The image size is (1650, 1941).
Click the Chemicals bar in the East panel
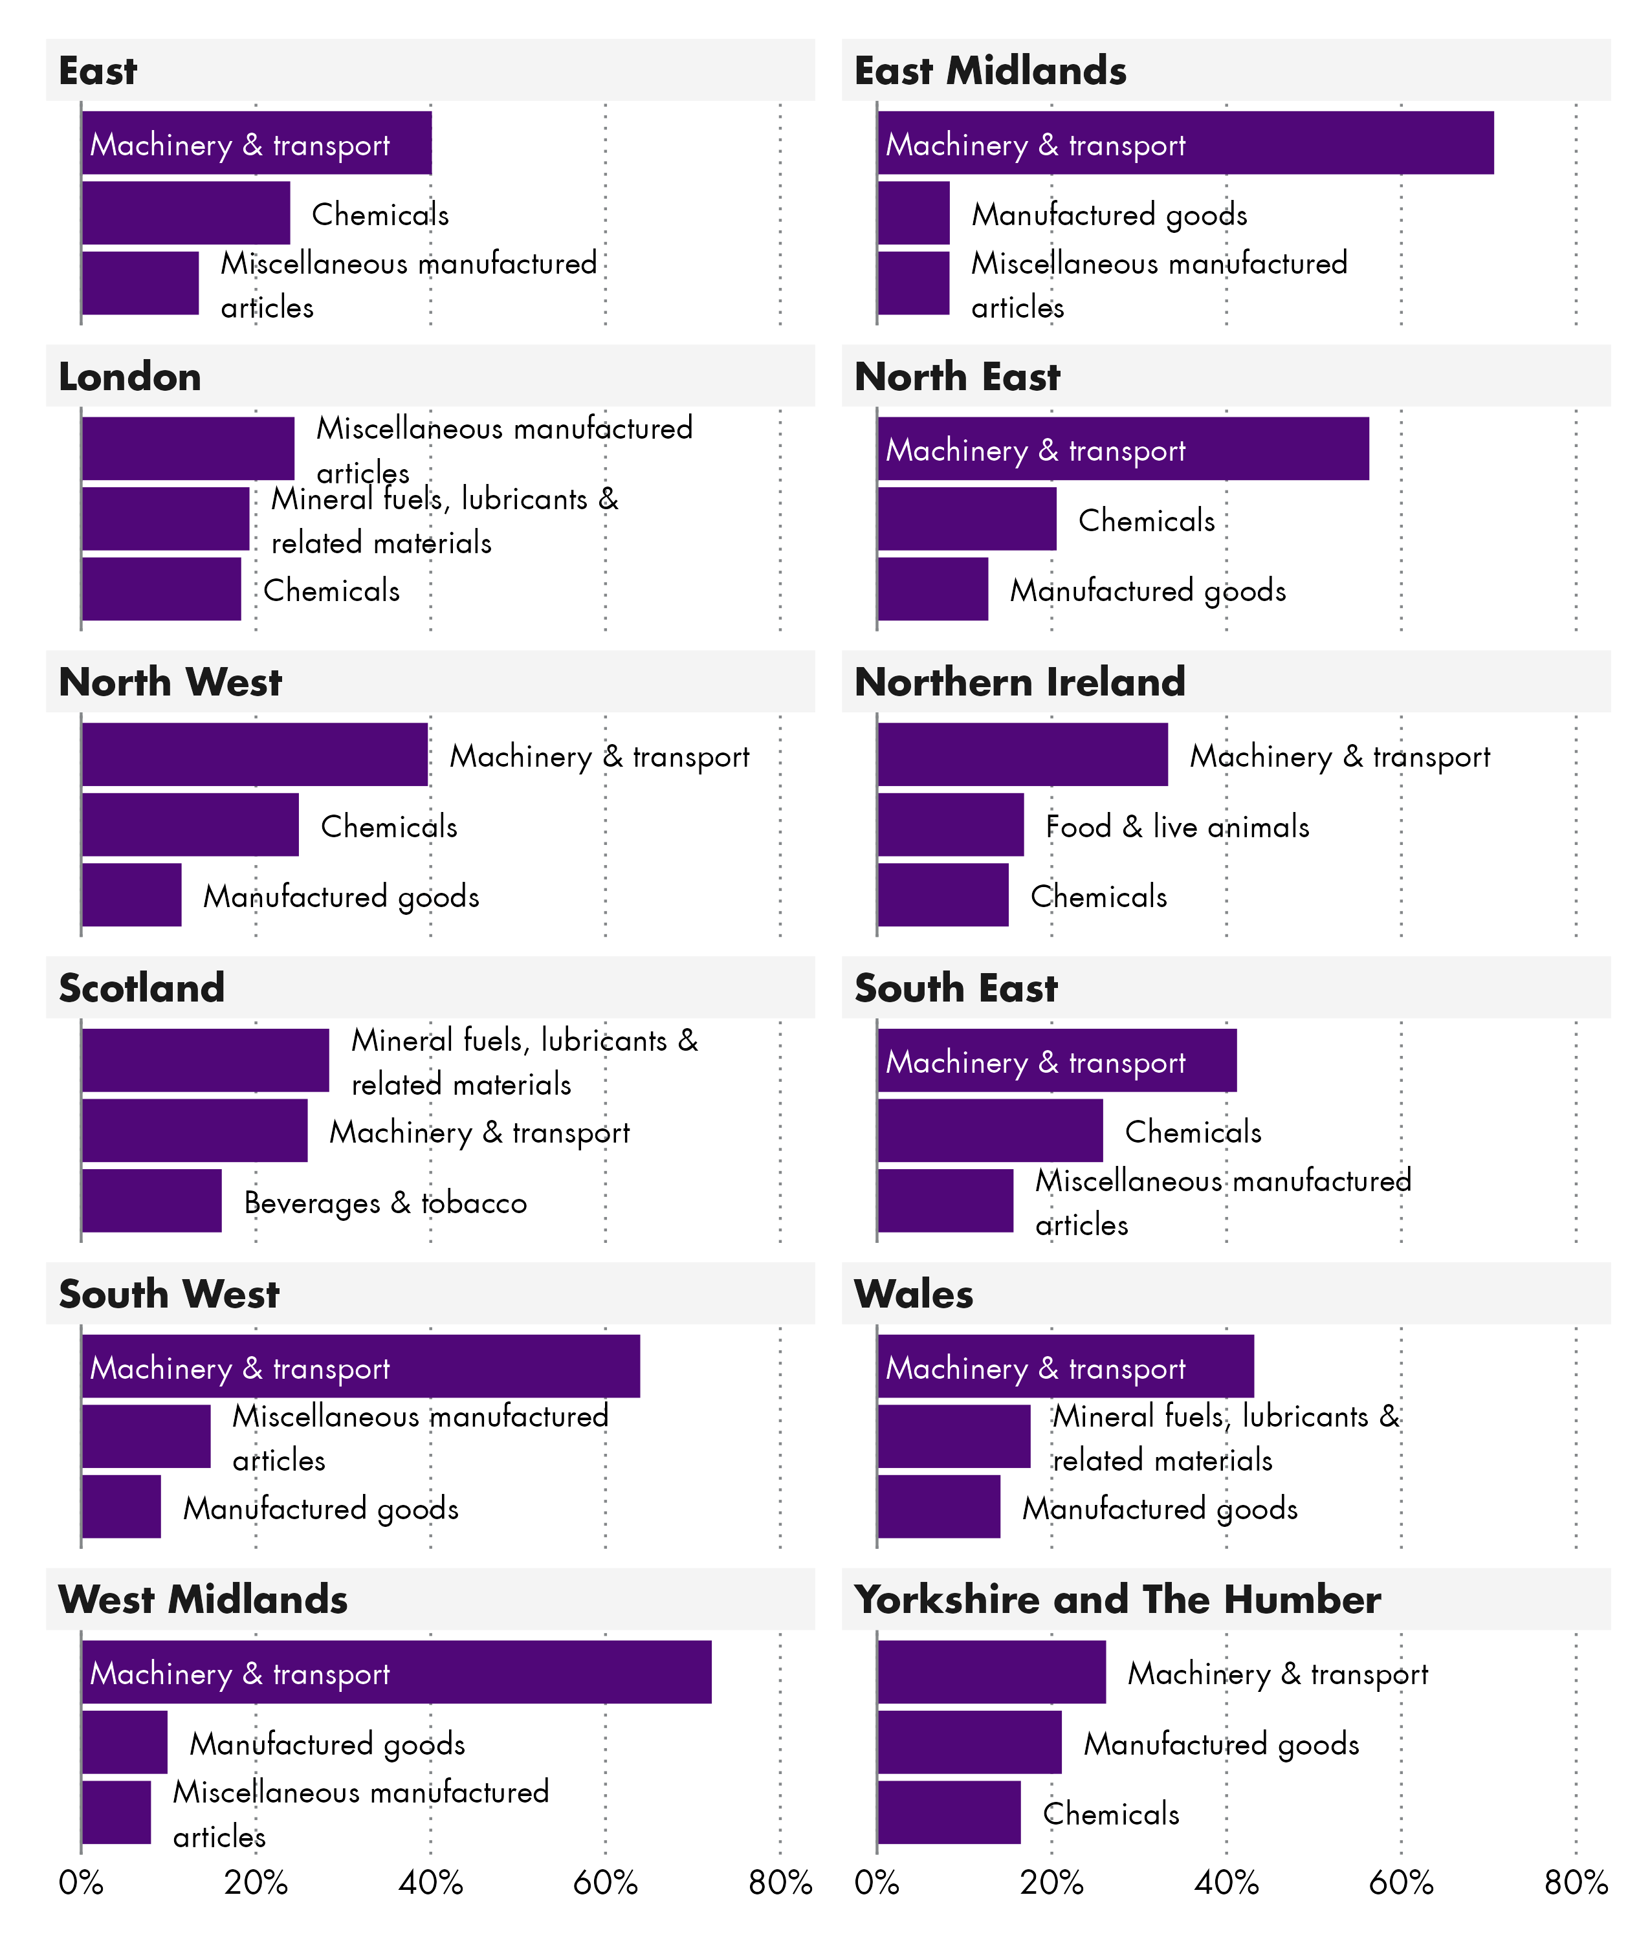185,214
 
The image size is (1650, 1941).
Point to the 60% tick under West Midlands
604,1882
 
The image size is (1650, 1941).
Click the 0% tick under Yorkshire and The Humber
877,1882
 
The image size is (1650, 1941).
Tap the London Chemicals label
331,590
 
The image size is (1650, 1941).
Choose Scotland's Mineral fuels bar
205,1060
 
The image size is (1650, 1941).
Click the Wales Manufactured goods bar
938,1507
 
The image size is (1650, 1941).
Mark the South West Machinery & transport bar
360,1366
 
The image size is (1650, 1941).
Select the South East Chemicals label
1193,1132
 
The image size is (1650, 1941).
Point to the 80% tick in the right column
1575,1882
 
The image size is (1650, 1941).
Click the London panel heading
130,377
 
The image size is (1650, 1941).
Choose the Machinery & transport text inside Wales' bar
1035,1368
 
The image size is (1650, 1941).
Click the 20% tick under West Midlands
256,1882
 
